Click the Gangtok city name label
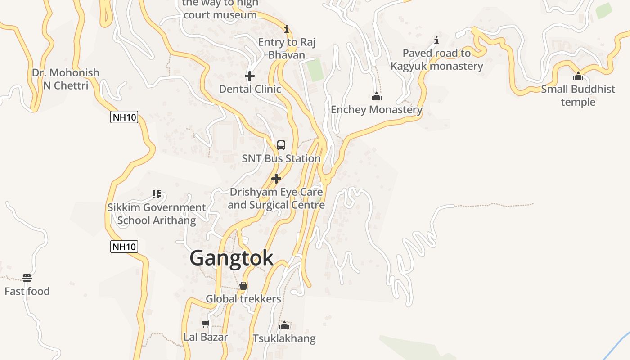pos(231,258)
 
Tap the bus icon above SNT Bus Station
pos(281,145)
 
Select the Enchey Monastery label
pos(377,110)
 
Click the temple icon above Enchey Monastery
pos(377,96)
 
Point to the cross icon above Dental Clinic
pos(250,76)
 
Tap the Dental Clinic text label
pos(250,89)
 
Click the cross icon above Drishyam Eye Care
pos(276,179)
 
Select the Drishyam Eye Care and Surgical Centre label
pos(276,198)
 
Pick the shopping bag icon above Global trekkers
pos(243,286)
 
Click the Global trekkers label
pos(243,299)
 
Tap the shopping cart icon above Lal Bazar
pos(206,324)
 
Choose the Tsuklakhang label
pos(284,338)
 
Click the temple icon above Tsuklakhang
pos(284,325)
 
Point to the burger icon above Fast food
pos(27,278)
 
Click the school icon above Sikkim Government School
pos(157,194)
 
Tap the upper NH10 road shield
pos(124,117)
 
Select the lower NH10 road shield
pos(124,247)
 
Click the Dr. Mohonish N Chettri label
pos(66,79)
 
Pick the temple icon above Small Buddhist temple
pos(578,76)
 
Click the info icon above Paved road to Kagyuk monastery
pos(436,40)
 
